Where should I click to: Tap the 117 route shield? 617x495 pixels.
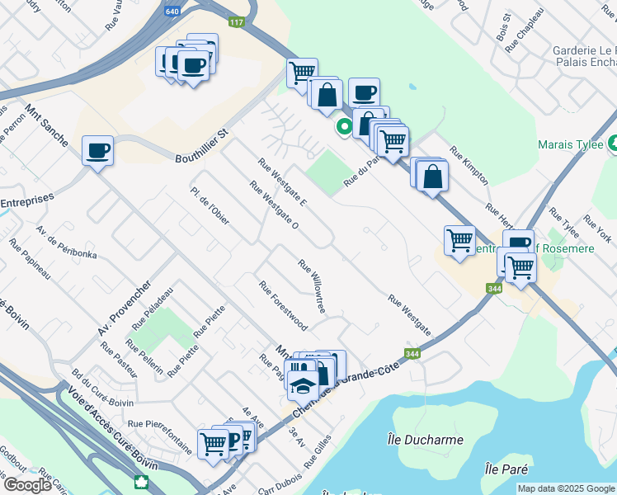(x=238, y=22)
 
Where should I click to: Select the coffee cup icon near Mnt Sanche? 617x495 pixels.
(x=98, y=151)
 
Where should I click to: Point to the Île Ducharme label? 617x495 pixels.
(x=425, y=439)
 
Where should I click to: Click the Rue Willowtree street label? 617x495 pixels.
(x=312, y=286)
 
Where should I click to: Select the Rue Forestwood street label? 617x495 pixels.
(x=282, y=305)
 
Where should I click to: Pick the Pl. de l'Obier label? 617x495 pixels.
(x=210, y=203)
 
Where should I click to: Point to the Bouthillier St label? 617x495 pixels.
(x=201, y=145)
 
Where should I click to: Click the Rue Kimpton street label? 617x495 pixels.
(x=470, y=170)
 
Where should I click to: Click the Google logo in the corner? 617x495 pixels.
(x=27, y=485)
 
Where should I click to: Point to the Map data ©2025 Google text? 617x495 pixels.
(x=566, y=488)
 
